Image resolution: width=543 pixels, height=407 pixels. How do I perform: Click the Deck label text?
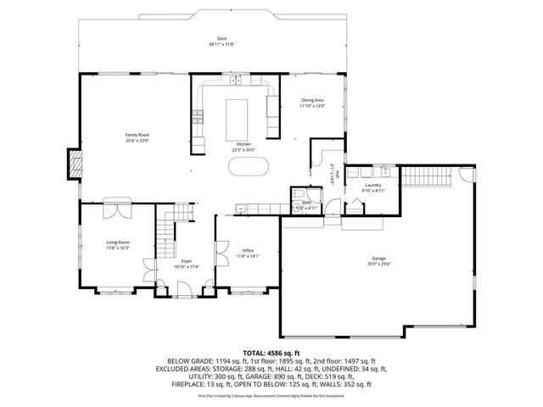(x=221, y=39)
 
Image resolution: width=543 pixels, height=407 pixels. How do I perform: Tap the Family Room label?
(x=137, y=135)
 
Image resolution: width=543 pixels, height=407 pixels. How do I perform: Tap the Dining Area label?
(x=312, y=100)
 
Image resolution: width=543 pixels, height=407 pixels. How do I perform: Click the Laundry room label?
(x=372, y=184)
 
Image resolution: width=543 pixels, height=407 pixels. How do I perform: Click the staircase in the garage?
(x=417, y=177)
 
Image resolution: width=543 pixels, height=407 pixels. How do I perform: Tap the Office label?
(x=248, y=250)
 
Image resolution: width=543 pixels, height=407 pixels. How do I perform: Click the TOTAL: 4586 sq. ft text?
(x=271, y=351)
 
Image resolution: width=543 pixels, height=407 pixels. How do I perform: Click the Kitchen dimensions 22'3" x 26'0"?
(x=244, y=150)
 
